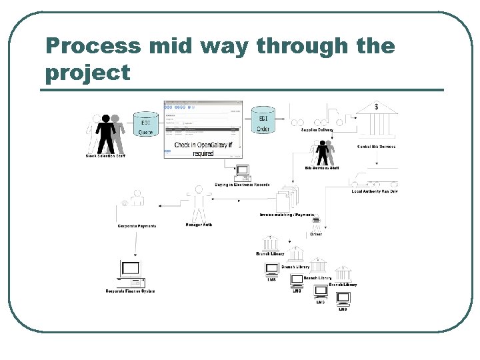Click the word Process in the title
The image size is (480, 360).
[93, 46]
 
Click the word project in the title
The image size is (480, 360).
[87, 73]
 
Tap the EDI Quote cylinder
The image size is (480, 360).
[145, 125]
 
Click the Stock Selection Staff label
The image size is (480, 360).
[105, 156]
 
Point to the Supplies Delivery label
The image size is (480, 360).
[317, 130]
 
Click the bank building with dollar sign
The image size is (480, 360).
[377, 117]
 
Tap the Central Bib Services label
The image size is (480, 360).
[376, 147]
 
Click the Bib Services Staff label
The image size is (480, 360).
[322, 168]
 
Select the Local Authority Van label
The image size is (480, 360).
[375, 191]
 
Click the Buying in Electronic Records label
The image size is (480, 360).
[242, 185]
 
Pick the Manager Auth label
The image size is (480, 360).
[199, 225]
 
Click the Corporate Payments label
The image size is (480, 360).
[137, 226]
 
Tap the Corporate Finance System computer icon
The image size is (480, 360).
[131, 273]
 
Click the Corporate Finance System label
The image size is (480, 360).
[130, 291]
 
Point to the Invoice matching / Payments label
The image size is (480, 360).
[287, 215]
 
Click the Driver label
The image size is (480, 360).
[315, 234]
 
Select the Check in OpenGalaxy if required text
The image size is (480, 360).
[203, 149]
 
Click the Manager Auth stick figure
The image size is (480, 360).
[199, 204]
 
